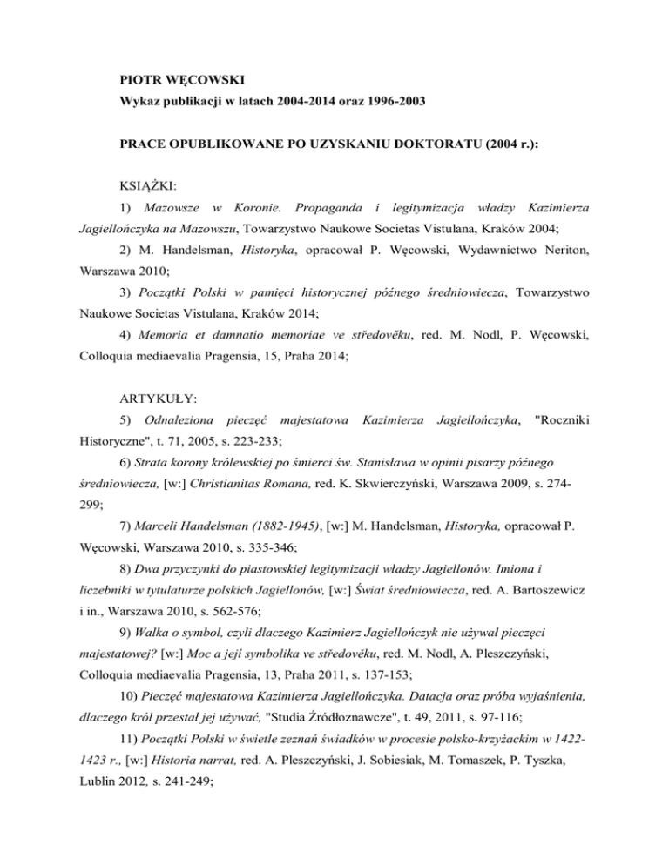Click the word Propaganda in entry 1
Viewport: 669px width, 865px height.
(328, 209)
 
